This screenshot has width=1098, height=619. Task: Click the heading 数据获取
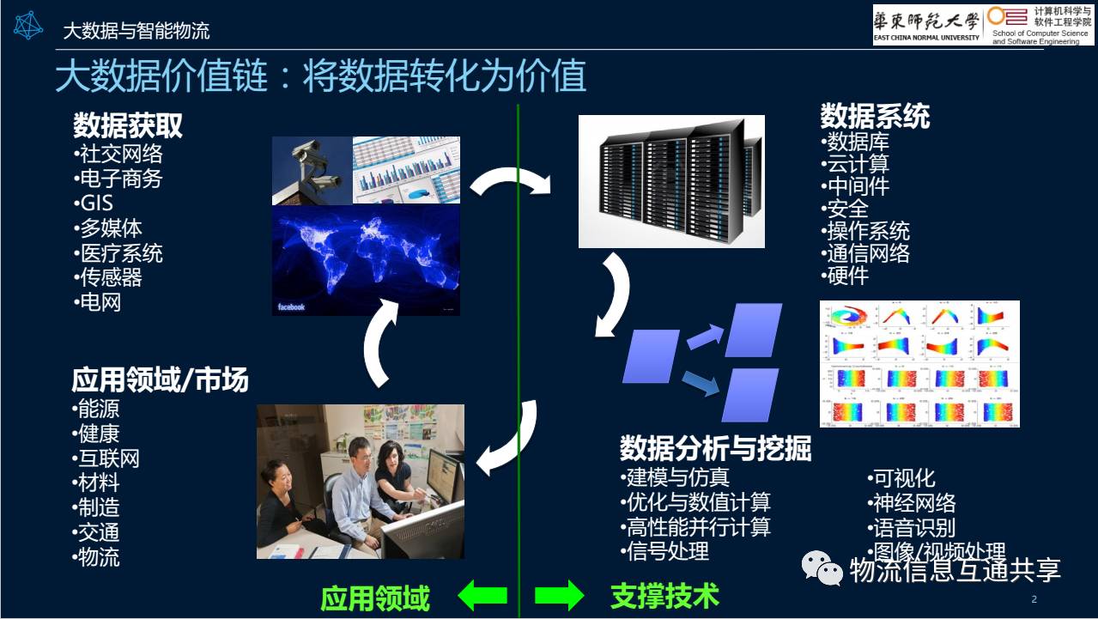coord(128,127)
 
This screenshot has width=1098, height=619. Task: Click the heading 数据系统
coord(875,116)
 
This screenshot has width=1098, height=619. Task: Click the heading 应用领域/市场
coord(160,380)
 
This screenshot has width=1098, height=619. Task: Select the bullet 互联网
coord(106,458)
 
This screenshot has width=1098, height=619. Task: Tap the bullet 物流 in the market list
coord(97,557)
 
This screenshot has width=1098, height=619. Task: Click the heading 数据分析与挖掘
coord(715,448)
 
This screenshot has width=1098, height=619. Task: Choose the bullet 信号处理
coord(666,551)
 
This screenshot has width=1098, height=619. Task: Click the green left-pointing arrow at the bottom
coord(482,595)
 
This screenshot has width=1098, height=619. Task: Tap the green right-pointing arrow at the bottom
coord(559,595)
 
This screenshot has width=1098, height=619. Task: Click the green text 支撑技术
coord(664,596)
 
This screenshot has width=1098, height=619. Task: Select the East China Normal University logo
coord(925,24)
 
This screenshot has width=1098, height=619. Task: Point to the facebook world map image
coord(366,260)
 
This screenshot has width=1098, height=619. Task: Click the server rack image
coord(670,182)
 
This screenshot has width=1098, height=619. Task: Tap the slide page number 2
coord(1034,598)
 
